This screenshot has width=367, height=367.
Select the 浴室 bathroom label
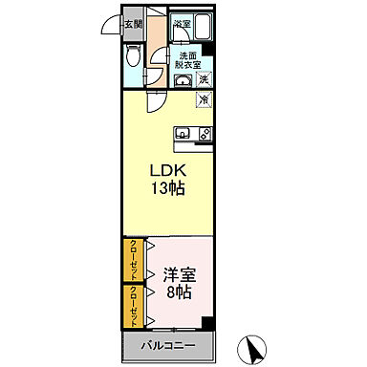[x=182, y=23]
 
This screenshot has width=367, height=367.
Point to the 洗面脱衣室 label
[x=189, y=60]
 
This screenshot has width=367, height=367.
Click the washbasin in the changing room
[x=183, y=82]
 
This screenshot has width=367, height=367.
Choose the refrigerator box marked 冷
[x=205, y=98]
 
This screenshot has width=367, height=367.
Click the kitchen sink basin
[x=183, y=134]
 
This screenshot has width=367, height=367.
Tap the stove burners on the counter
[x=205, y=134]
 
